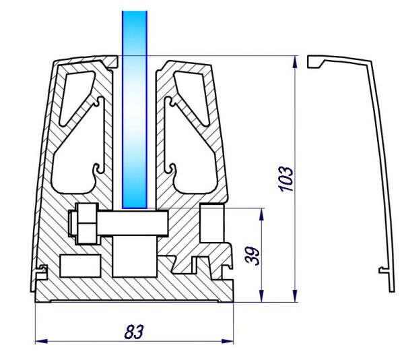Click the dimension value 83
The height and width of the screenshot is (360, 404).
coord(134,332)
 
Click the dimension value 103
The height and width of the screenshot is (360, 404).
coord(286,179)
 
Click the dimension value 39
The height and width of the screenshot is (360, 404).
coord(252,256)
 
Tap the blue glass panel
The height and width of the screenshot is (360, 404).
coord(135,110)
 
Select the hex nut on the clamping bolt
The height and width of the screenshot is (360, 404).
coord(88,223)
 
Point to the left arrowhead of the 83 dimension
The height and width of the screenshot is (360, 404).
coord(41,341)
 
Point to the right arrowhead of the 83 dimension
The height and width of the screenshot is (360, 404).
coord(228,341)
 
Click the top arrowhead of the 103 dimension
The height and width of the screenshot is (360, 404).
coord(295,62)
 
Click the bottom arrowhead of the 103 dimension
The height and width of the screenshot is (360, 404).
coord(295,296)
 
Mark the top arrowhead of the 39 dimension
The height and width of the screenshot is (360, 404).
coord(261,214)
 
